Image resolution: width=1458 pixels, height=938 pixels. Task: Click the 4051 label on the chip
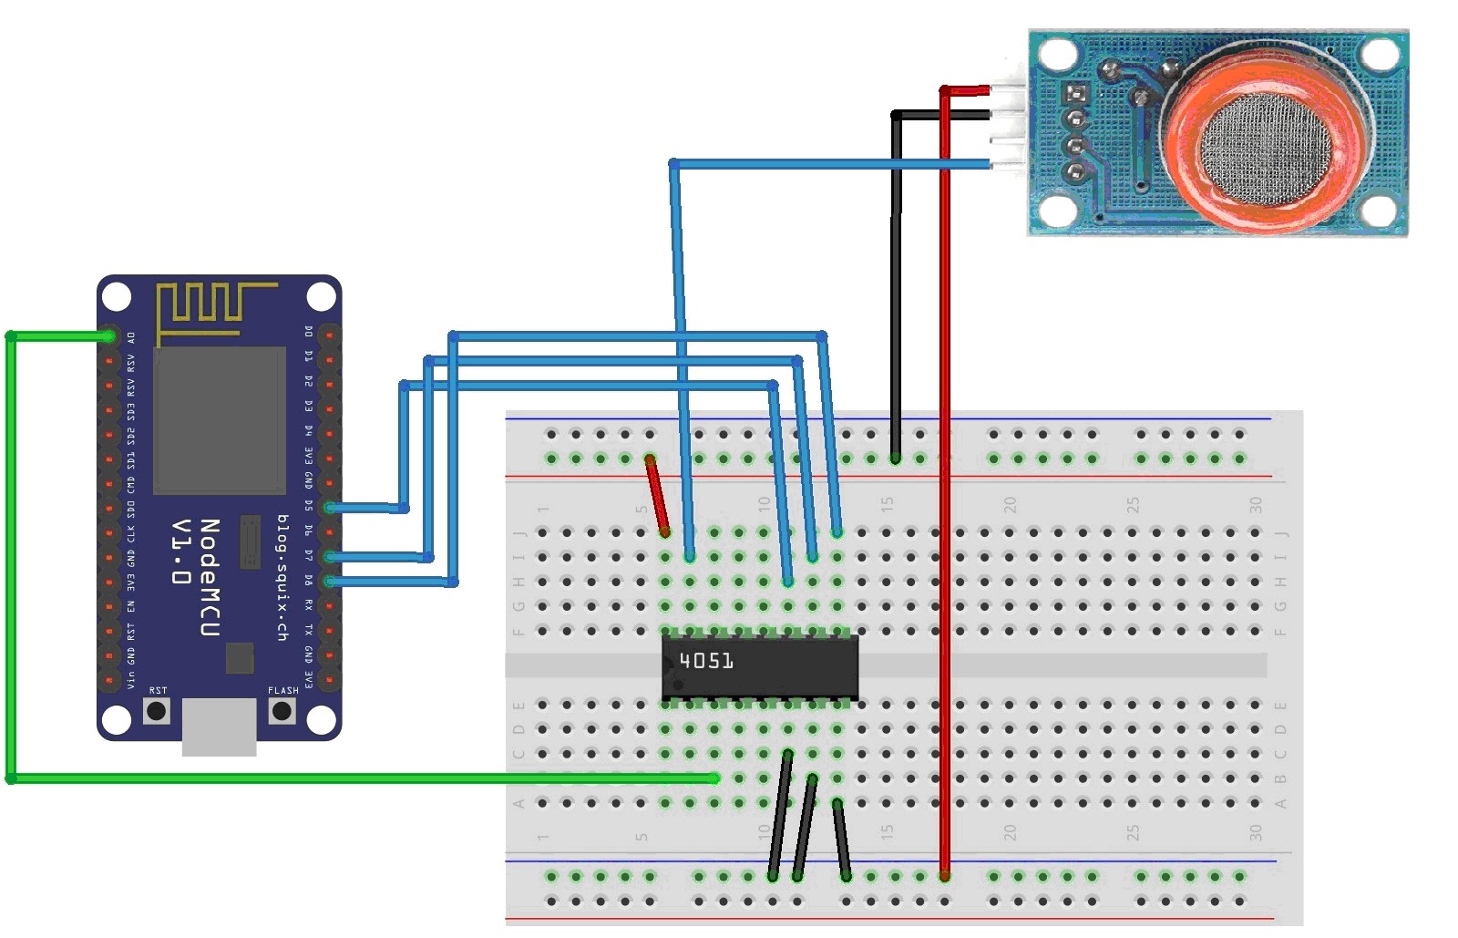point(706,660)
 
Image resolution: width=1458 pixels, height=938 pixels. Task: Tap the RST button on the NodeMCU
point(157,710)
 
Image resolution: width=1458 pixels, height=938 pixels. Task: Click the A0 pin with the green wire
point(109,336)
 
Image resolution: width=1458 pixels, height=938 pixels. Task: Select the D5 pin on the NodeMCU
point(329,508)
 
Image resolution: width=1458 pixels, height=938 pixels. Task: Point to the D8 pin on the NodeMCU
point(329,581)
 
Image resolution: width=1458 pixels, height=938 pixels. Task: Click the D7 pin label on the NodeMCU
point(309,556)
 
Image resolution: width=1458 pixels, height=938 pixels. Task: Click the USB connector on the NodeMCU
point(219,727)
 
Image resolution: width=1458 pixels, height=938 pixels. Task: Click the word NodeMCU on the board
point(210,578)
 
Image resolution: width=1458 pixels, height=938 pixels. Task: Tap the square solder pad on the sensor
point(1076,93)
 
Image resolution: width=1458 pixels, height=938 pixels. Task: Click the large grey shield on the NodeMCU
point(219,419)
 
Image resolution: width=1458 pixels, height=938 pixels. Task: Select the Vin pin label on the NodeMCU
point(131,679)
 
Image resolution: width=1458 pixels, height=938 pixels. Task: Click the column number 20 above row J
point(1010,504)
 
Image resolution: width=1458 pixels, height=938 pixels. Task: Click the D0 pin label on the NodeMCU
point(309,331)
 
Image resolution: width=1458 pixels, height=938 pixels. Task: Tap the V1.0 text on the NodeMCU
point(181,552)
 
